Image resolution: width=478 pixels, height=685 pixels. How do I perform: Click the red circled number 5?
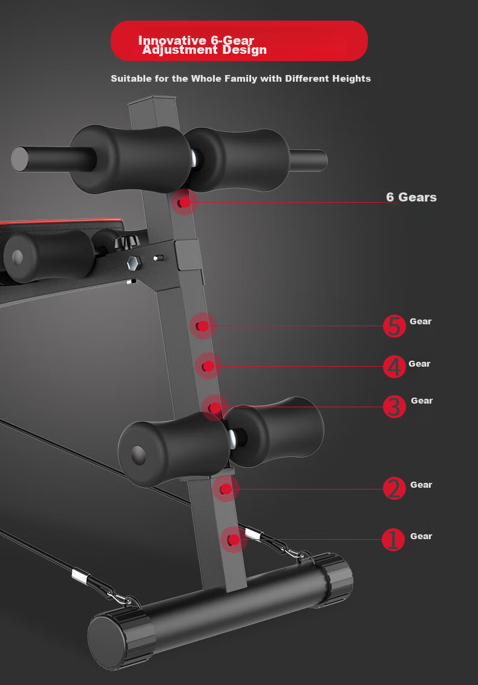394,326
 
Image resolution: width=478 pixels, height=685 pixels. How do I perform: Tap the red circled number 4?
394,367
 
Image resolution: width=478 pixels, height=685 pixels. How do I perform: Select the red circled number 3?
394,407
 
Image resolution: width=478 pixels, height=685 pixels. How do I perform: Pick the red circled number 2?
394,488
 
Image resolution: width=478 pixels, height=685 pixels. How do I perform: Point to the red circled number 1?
393,540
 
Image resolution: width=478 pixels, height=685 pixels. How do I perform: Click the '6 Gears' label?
411,197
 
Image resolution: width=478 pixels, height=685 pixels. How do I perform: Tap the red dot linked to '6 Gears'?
185,202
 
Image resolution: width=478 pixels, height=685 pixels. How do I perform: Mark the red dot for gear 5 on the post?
202,326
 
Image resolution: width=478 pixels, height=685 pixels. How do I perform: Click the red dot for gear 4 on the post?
208,366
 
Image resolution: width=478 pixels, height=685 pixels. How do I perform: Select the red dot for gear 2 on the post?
226,489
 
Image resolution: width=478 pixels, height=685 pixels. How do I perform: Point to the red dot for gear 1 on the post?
234,540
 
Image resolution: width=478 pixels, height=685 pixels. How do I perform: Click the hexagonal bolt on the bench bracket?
134,263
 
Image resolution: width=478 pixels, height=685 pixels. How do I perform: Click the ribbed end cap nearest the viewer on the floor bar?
122,641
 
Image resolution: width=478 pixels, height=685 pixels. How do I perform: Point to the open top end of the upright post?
152,100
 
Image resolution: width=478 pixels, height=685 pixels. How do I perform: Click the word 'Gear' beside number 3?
422,401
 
